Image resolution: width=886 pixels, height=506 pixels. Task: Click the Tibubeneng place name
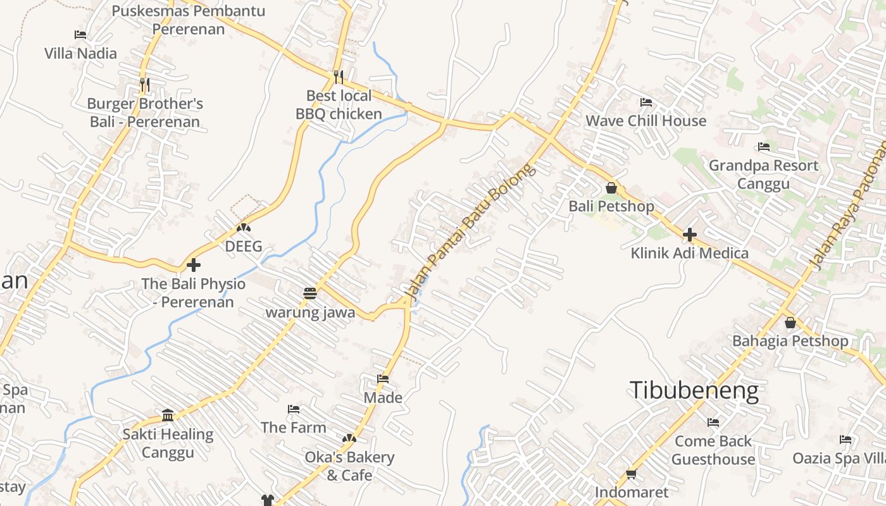pos(694,390)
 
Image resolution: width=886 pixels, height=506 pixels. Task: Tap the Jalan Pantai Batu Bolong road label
pos(467,231)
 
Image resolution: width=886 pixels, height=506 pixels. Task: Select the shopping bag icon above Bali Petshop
pos(611,188)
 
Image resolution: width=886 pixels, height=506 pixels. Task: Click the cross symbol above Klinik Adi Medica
pos(689,235)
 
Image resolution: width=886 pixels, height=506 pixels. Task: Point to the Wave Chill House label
pos(646,121)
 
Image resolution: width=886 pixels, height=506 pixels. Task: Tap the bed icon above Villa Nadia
pos(80,35)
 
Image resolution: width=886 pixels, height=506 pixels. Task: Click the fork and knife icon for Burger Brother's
pos(145,84)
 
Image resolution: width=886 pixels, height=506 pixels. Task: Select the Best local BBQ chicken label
pos(339,105)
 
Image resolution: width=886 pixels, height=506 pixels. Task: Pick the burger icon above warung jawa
pos(309,293)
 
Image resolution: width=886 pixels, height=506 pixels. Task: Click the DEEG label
pos(244,247)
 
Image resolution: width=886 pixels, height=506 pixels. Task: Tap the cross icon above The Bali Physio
pos(194,265)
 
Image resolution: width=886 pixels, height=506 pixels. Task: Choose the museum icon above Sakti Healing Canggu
pos(168,416)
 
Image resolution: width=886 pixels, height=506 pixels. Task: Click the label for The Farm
pos(294,428)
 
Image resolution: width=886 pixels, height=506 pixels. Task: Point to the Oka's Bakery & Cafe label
pos(349,466)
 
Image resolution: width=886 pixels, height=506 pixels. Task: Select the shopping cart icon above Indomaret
pos(631,474)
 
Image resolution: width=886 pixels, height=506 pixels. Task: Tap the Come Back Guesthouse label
pos(713,450)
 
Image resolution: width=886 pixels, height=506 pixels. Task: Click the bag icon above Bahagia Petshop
pos(790,323)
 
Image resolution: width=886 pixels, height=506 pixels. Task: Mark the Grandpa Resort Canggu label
pos(763,175)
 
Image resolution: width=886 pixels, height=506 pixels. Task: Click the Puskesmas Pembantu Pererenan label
pos(189,20)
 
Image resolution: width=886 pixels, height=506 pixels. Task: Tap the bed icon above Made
pos(383,379)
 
